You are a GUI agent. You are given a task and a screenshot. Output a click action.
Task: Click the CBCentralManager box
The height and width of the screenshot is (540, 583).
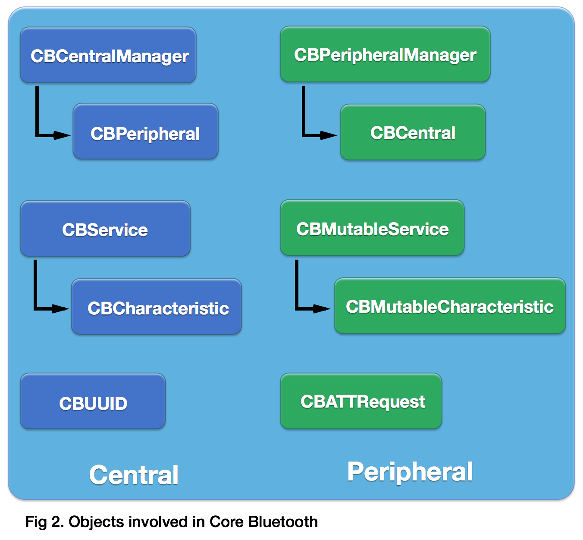click(x=108, y=55)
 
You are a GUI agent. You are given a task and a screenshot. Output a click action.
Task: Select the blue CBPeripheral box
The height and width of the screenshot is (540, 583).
click(x=146, y=132)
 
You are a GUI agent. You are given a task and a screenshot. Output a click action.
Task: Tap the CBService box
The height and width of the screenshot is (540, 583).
click(x=105, y=229)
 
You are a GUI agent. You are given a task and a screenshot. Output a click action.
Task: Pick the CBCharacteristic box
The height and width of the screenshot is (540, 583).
click(x=157, y=307)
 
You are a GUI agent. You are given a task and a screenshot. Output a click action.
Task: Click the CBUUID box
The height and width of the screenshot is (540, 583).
click(x=93, y=402)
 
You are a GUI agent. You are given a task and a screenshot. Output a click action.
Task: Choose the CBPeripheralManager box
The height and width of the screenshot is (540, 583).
click(x=385, y=54)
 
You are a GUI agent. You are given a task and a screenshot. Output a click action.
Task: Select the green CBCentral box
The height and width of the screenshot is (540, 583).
click(x=413, y=132)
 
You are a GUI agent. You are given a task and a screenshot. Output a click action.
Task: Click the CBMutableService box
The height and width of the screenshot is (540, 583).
click(x=372, y=228)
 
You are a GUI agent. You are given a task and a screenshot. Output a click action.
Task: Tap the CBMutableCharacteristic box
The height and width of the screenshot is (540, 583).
click(x=450, y=306)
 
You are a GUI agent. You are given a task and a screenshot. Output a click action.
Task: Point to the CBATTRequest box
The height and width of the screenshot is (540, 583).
click(x=361, y=401)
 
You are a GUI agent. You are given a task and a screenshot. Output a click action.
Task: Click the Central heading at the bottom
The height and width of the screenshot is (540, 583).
click(x=134, y=475)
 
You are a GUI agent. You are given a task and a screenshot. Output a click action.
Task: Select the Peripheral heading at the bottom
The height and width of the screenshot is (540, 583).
click(x=410, y=471)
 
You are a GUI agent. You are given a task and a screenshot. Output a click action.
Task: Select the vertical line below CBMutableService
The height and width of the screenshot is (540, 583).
click(x=297, y=283)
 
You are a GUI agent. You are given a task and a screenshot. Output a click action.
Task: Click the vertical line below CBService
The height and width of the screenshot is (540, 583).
click(x=35, y=283)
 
